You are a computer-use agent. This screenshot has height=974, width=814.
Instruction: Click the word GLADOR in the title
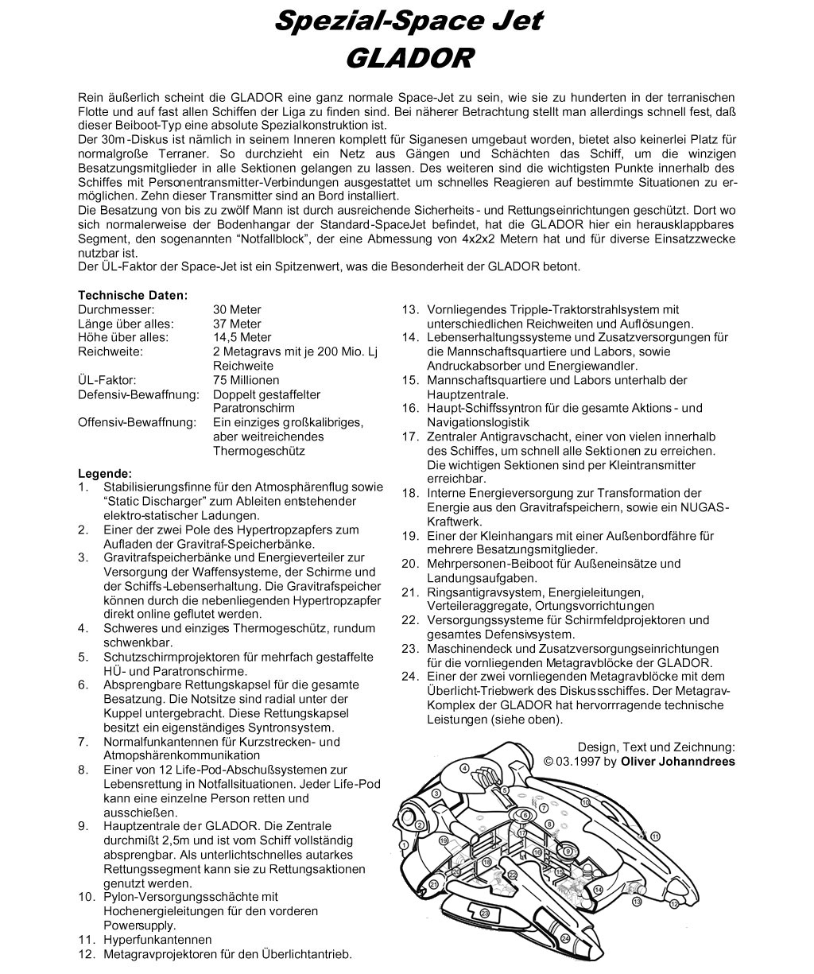(x=410, y=58)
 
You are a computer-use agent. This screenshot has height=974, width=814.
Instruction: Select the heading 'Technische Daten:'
(x=133, y=295)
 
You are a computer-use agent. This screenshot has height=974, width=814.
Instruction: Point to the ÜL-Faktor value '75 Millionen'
(x=246, y=380)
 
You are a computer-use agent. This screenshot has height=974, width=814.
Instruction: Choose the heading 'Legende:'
(x=105, y=472)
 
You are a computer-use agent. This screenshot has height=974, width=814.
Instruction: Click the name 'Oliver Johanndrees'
(x=678, y=761)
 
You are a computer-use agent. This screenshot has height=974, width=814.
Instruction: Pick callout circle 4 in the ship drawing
(x=464, y=769)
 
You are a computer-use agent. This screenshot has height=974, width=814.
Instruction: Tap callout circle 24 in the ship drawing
(x=565, y=938)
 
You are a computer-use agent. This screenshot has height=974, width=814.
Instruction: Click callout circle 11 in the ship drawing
(x=656, y=836)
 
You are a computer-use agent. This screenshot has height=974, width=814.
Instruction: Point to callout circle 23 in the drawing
(x=484, y=914)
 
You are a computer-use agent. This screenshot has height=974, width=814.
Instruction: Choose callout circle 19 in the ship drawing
(x=444, y=840)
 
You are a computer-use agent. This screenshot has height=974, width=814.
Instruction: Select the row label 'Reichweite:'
(x=110, y=351)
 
